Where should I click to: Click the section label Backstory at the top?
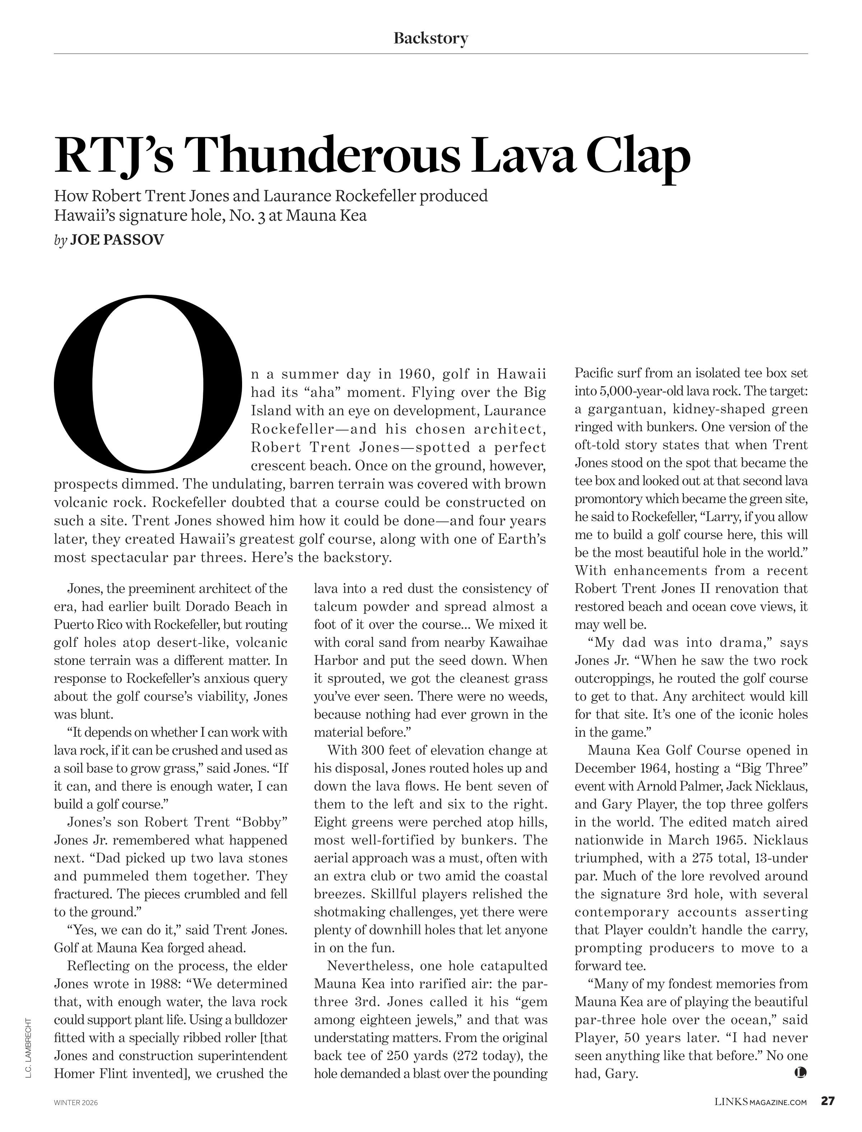point(431,38)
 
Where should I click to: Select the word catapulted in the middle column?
point(510,966)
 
